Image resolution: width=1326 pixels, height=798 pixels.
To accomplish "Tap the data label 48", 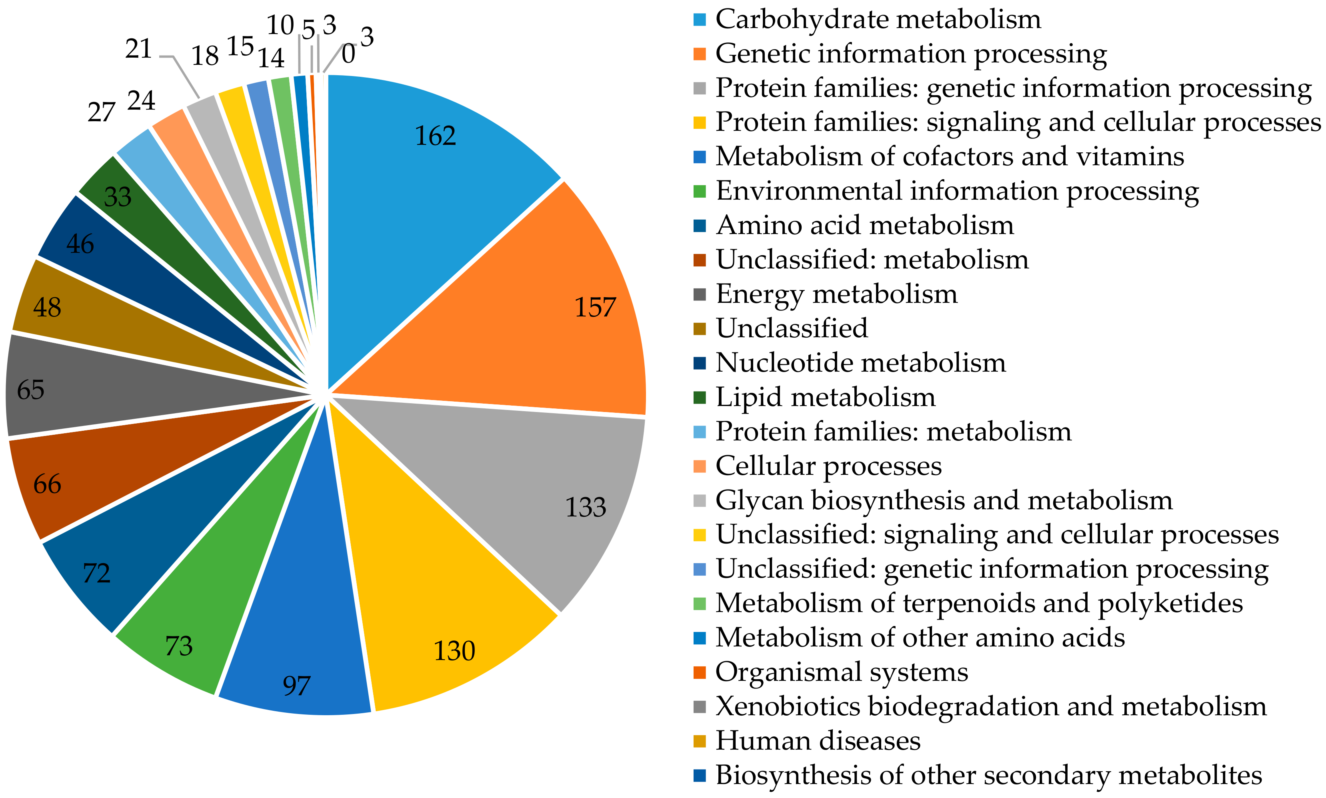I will [x=47, y=308].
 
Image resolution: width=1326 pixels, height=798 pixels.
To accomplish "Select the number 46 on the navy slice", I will [x=80, y=244].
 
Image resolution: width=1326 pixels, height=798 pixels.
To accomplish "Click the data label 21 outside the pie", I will [x=139, y=50].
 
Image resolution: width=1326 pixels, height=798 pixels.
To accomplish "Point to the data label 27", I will [x=101, y=112].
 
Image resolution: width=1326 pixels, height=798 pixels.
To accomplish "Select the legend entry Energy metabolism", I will [x=836, y=294].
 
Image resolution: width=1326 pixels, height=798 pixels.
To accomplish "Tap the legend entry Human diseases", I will [x=817, y=741].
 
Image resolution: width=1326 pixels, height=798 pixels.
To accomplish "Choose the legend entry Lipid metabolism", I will [x=825, y=397].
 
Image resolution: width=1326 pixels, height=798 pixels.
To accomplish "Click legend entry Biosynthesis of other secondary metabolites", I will [x=988, y=776].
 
